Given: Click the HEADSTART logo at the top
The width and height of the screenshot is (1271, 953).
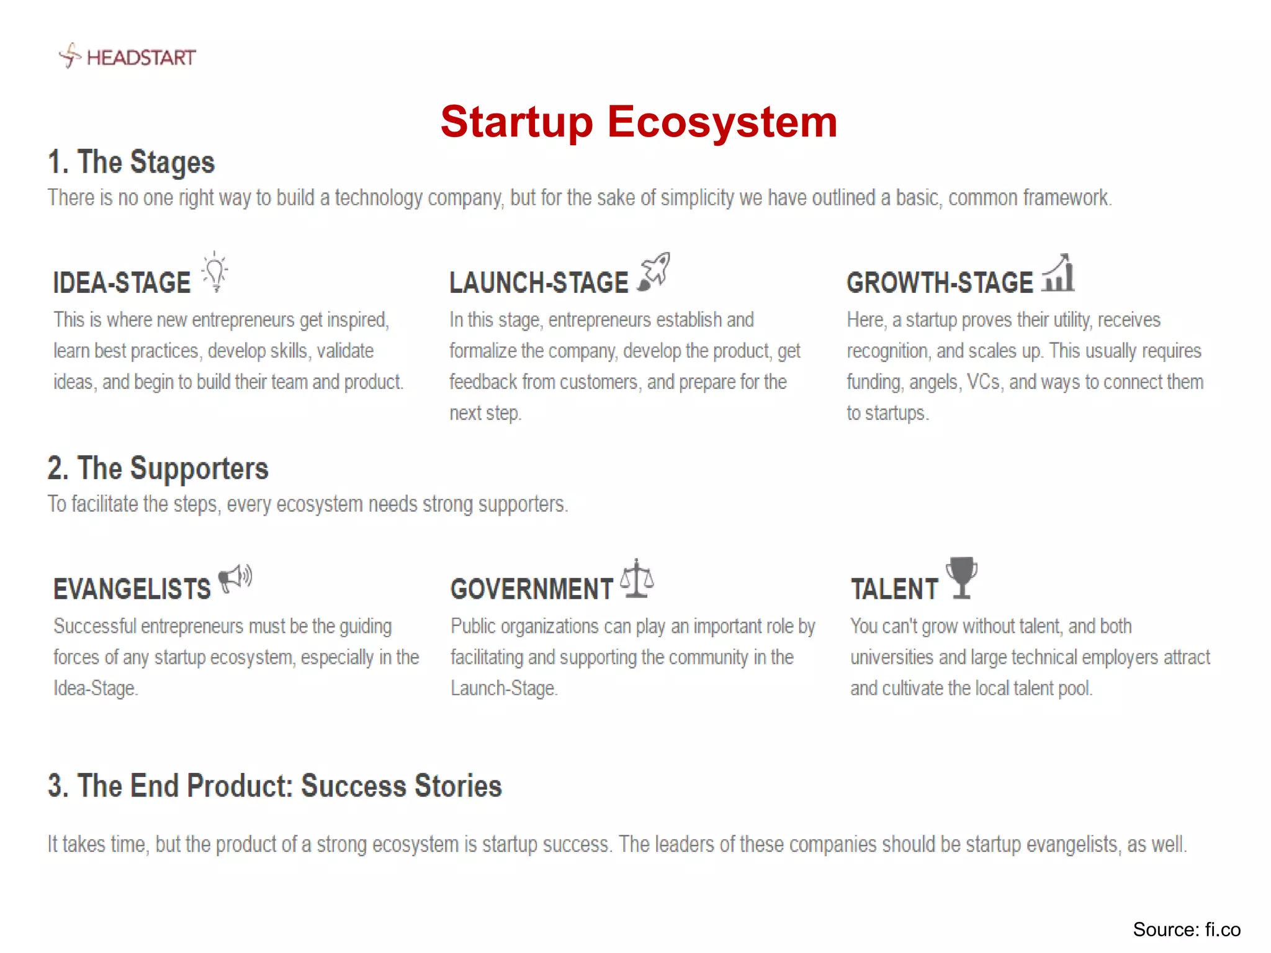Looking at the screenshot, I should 128,56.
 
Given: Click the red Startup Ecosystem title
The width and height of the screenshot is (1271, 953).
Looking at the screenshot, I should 639,122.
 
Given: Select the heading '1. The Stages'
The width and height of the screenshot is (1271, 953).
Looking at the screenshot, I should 131,162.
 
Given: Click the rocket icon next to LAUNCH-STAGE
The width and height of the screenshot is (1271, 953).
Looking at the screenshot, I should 655,271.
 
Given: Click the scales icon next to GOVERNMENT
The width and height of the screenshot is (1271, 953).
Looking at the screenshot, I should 637,578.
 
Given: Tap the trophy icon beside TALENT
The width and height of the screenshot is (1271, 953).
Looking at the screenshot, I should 961,577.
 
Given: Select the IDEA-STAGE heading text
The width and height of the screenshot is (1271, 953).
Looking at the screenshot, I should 122,283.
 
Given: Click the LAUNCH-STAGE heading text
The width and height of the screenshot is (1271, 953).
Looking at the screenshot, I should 539,283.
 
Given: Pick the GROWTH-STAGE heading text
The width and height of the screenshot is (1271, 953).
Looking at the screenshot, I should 940,283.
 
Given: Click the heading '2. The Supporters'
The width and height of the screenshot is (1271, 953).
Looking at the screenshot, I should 158,468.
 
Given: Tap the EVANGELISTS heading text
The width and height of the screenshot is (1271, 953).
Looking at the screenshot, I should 132,589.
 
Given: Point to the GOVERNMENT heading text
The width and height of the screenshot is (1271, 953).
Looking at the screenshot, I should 532,589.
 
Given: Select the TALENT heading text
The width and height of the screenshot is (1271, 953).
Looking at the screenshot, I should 894,589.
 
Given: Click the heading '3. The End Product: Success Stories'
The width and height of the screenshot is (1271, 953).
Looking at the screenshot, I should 274,785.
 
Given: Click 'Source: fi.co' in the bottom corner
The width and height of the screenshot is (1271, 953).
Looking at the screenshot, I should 1186,929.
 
